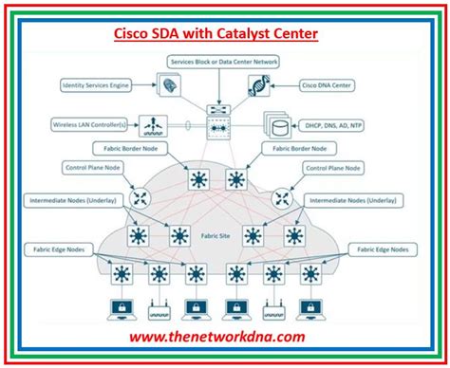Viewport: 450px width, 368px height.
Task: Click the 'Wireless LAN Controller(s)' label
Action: [89, 123]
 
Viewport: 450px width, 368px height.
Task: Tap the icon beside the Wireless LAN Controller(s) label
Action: [152, 123]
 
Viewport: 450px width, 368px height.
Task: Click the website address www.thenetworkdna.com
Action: [224, 337]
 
